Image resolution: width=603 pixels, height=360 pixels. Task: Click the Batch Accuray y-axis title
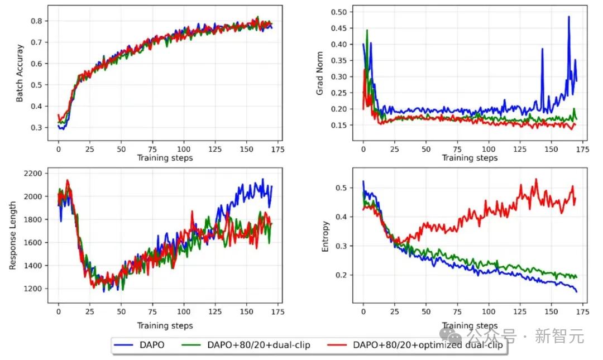[20, 73]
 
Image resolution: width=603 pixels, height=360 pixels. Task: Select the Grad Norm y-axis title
[320, 75]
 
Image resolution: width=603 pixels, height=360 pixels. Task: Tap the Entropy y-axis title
[326, 236]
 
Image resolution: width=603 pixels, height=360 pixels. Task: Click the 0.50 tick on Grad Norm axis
[339, 12]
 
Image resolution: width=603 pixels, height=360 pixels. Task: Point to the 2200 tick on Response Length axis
[34, 173]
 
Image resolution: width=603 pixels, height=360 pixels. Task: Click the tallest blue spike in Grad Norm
[568, 17]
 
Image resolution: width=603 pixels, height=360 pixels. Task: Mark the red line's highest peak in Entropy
[536, 179]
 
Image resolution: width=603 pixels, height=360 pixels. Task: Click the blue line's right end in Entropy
[576, 291]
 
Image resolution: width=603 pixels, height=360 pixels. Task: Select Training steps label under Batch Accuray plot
[165, 158]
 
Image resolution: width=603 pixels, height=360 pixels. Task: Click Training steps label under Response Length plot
[165, 325]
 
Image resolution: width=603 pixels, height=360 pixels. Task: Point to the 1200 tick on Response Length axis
[34, 289]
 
